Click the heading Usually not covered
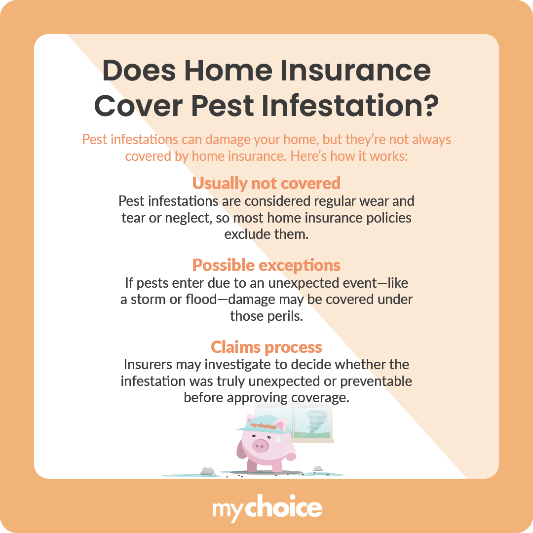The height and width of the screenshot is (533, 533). (x=266, y=183)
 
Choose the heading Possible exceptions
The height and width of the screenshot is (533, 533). (x=266, y=266)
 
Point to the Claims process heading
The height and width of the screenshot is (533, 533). (x=266, y=347)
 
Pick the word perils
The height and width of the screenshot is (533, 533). (x=283, y=316)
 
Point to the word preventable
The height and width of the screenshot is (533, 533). (x=375, y=381)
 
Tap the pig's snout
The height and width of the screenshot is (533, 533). (x=260, y=446)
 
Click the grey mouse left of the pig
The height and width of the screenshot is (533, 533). (x=207, y=471)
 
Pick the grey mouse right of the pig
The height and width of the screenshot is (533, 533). (x=318, y=468)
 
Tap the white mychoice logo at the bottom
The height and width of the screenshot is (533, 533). (x=266, y=509)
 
